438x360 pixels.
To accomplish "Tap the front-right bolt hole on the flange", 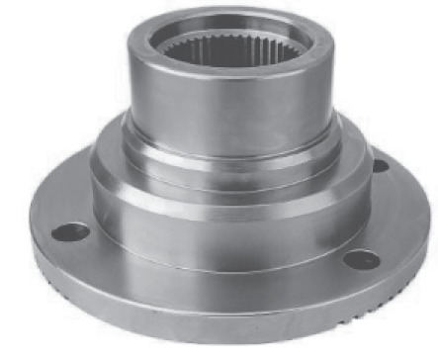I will point(362,260).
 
